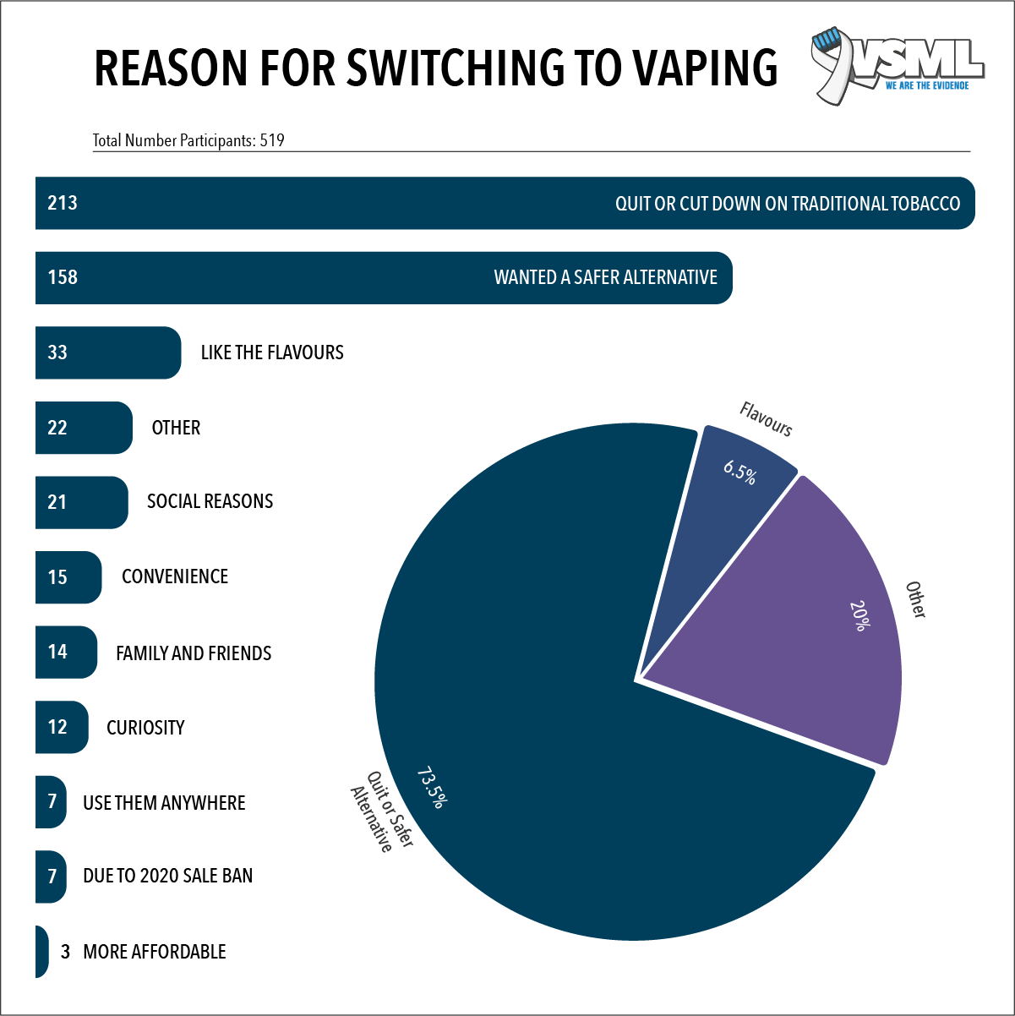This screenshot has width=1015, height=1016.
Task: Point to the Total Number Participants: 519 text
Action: click(x=188, y=140)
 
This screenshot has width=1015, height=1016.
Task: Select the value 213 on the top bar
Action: click(x=63, y=203)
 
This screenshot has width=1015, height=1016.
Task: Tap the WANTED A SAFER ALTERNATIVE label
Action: click(x=605, y=277)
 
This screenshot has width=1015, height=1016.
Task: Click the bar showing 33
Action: click(x=107, y=352)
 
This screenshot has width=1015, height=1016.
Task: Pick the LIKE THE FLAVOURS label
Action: click(x=272, y=352)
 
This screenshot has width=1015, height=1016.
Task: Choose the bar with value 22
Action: click(x=83, y=428)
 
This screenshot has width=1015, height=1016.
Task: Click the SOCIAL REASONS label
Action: click(x=210, y=501)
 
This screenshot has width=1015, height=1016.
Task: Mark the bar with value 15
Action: click(x=68, y=577)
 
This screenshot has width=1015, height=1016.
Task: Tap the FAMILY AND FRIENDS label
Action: click(x=194, y=653)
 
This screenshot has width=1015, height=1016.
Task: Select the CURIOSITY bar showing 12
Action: click(x=61, y=727)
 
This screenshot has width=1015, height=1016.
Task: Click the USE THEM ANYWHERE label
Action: click(x=164, y=803)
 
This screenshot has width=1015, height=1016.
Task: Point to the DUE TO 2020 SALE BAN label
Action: click(x=167, y=876)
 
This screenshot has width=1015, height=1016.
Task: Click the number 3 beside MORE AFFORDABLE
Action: click(x=65, y=952)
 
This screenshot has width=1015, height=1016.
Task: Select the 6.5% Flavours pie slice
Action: click(x=727, y=507)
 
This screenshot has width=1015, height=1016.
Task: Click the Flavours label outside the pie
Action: click(x=766, y=419)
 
